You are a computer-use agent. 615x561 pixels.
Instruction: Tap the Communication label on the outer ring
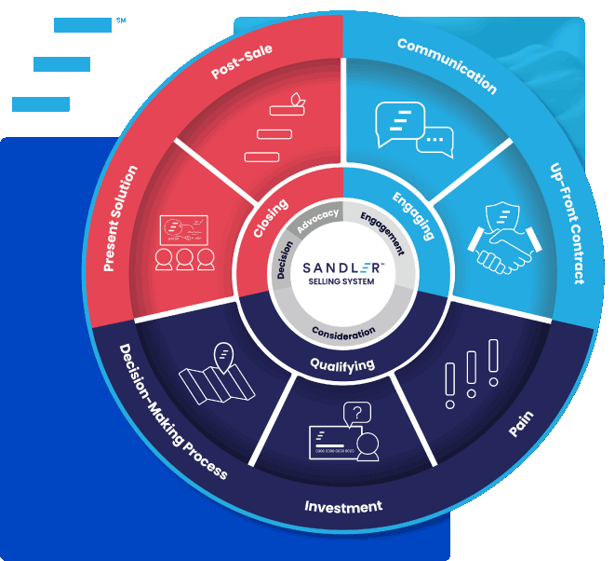click(x=447, y=65)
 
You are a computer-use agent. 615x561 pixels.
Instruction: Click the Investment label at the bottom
click(x=343, y=507)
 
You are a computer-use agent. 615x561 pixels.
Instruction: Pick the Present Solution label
click(x=121, y=219)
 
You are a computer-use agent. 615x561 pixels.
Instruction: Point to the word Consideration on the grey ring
click(x=344, y=332)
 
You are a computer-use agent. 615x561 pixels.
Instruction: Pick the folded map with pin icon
click(x=210, y=374)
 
